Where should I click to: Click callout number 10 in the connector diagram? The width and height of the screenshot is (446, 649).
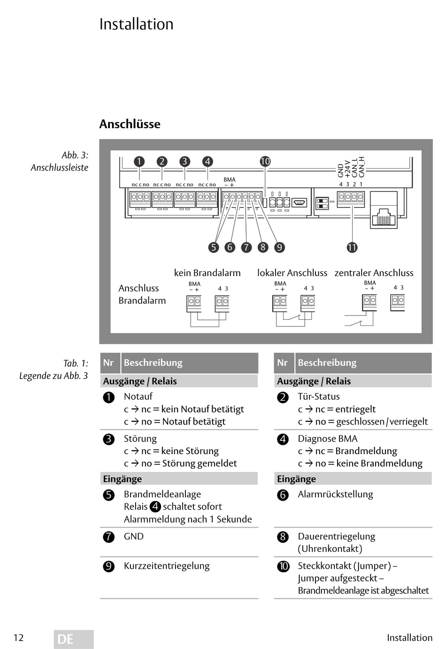pyautogui.click(x=265, y=162)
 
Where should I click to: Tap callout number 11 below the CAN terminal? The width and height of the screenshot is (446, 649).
pyautogui.click(x=352, y=247)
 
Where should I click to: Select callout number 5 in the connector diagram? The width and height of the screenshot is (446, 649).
pyautogui.click(x=214, y=247)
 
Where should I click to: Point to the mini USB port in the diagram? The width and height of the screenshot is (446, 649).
pyautogui.click(x=300, y=202)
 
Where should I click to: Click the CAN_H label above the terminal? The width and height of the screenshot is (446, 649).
pyautogui.click(x=361, y=167)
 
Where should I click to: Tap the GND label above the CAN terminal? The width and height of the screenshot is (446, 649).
pyautogui.click(x=340, y=170)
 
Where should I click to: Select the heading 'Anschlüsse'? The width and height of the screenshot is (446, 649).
pyautogui.click(x=130, y=124)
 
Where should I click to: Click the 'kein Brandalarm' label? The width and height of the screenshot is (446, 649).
pyautogui.click(x=208, y=273)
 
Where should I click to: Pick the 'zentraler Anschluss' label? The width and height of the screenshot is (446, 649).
pyautogui.click(x=374, y=273)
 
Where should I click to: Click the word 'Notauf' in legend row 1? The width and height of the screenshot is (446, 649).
pyautogui.click(x=138, y=396)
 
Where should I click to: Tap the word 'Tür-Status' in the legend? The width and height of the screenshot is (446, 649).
pyautogui.click(x=319, y=396)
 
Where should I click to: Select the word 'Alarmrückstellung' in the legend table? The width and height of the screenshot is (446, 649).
pyautogui.click(x=335, y=494)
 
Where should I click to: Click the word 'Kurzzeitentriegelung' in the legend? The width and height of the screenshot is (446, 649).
pyautogui.click(x=167, y=566)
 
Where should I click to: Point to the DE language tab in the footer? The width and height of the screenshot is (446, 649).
pyautogui.click(x=74, y=639)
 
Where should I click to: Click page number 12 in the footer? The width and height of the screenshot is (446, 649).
pyautogui.click(x=18, y=638)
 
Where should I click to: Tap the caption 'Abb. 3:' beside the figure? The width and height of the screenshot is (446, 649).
pyautogui.click(x=75, y=155)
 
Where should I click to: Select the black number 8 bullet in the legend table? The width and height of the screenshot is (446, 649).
pyautogui.click(x=283, y=537)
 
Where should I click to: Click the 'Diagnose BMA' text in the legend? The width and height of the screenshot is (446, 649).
pyautogui.click(x=328, y=439)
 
